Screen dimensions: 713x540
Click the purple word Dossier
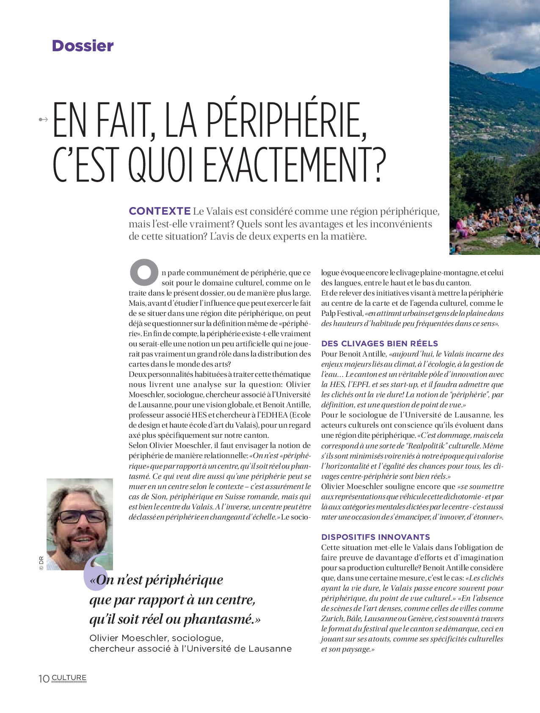tap(83, 46)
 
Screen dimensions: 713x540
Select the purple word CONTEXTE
tap(160, 211)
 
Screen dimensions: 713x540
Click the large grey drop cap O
tap(144, 272)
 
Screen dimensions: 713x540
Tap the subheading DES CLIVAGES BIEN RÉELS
tap(380, 343)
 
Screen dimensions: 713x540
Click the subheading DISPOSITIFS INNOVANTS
tap(375, 537)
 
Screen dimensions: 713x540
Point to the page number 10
tap(44, 679)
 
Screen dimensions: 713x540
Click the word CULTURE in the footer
tap(69, 677)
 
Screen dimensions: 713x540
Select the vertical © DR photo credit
tap(41, 563)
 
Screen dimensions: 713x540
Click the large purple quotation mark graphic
tap(94, 572)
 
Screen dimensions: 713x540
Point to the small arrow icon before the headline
tap(43, 120)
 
